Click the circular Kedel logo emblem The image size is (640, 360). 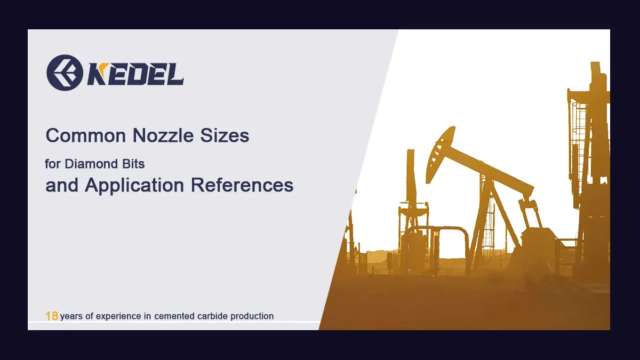point(64,73)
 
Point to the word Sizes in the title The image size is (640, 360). point(225,136)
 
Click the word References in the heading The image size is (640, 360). point(242,185)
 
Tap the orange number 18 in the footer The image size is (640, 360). point(52,316)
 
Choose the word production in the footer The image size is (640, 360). point(253,316)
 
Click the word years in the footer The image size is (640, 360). point(71,316)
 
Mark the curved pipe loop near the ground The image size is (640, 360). point(437,235)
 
